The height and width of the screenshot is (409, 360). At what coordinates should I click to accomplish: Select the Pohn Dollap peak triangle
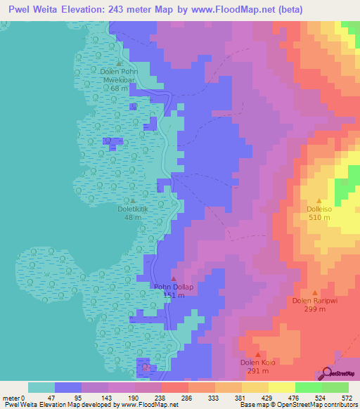tap(174, 279)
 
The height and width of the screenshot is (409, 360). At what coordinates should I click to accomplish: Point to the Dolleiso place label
tap(319, 209)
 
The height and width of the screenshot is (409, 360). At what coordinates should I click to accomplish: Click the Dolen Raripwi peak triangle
tap(315, 293)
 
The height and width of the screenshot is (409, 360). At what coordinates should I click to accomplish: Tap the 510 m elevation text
tap(319, 217)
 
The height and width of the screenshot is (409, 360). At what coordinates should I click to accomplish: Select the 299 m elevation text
tap(315, 309)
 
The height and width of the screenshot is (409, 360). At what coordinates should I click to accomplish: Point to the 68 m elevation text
tap(119, 89)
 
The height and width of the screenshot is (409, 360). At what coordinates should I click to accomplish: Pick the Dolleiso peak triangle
tap(319, 200)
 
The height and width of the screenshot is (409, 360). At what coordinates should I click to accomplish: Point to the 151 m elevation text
tap(174, 295)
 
